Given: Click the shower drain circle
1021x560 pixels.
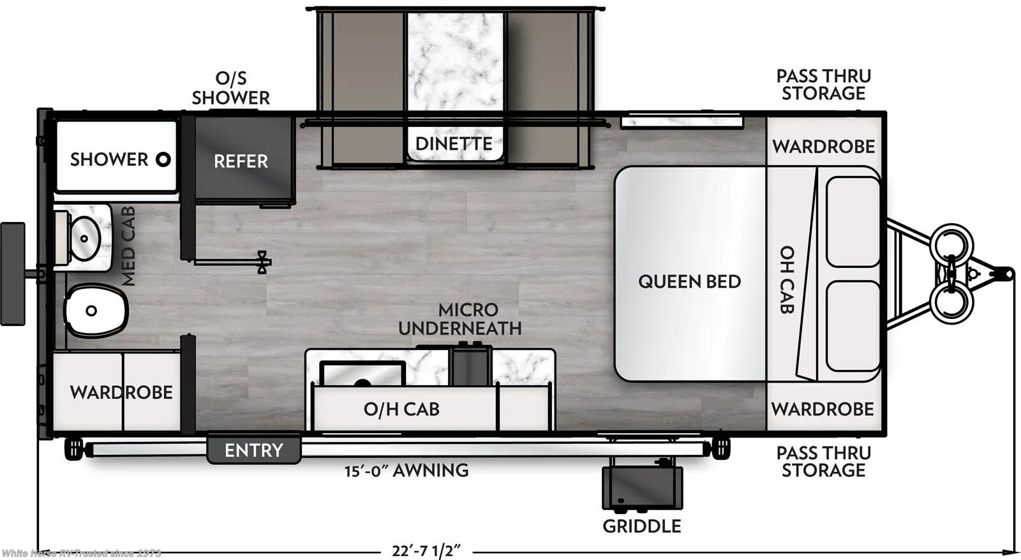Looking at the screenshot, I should pyautogui.click(x=163, y=159).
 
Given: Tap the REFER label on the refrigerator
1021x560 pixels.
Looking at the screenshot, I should pyautogui.click(x=241, y=161).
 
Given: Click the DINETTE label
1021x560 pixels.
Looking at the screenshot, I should pyautogui.click(x=454, y=144).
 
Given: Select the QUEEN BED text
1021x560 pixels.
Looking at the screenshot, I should pyautogui.click(x=689, y=281).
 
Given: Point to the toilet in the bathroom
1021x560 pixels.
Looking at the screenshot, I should pyautogui.click(x=94, y=311).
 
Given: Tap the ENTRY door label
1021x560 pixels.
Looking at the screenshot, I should pyautogui.click(x=253, y=450).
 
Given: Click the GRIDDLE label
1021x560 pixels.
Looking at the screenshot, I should pyautogui.click(x=641, y=526).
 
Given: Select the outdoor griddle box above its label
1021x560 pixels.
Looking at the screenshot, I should pyautogui.click(x=642, y=488).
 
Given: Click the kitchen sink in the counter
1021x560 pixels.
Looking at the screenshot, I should pyautogui.click(x=362, y=374).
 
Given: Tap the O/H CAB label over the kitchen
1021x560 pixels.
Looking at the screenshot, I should pyautogui.click(x=401, y=409).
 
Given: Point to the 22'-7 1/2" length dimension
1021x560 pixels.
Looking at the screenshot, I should pyautogui.click(x=426, y=550).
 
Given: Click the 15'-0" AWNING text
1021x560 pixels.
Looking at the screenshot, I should pyautogui.click(x=406, y=471).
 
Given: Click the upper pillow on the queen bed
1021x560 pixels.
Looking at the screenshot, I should pyautogui.click(x=853, y=221).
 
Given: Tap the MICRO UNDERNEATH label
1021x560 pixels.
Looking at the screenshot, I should pyautogui.click(x=461, y=319).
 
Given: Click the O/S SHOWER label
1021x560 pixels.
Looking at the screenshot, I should pyautogui.click(x=230, y=88).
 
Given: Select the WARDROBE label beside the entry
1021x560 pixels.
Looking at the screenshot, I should pyautogui.click(x=121, y=392).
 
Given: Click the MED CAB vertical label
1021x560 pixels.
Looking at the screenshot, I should pyautogui.click(x=128, y=246).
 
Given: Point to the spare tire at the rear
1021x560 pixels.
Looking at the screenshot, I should pyautogui.click(x=13, y=274).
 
